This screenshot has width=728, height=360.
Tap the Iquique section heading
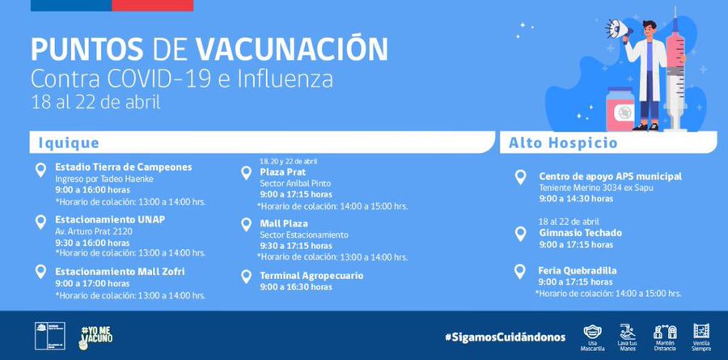[69, 143]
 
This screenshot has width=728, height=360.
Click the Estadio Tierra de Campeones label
[123, 167]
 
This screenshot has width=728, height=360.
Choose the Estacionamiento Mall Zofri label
[120, 271]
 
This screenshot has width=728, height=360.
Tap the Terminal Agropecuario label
[311, 276]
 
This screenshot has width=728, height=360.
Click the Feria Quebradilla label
[578, 270]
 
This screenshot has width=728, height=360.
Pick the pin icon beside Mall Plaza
[246, 225]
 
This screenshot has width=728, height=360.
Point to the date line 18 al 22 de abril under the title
[95, 103]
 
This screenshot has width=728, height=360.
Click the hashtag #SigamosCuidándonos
[504, 336]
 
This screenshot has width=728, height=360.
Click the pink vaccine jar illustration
[624, 108]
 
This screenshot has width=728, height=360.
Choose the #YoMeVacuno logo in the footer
[95, 335]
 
